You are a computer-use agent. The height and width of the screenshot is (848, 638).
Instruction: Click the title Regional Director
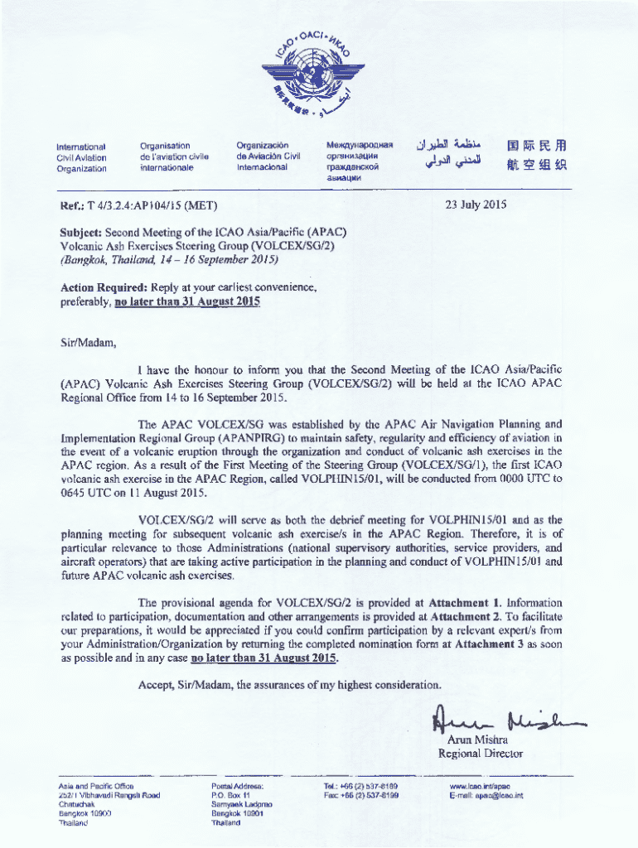pyautogui.click(x=481, y=754)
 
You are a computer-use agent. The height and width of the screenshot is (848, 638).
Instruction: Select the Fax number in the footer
pyautogui.click(x=362, y=795)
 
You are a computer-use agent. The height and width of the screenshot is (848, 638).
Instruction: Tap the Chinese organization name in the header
pyautogui.click(x=536, y=156)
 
